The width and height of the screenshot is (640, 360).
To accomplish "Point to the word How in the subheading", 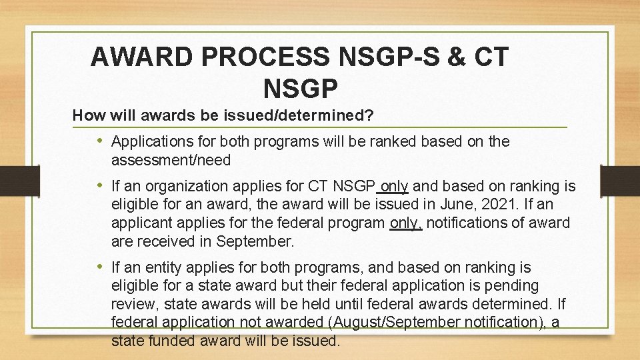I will click(86, 115).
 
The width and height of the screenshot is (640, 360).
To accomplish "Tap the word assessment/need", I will click(171, 160).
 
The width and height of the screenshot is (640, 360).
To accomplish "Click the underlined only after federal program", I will click(405, 222).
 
